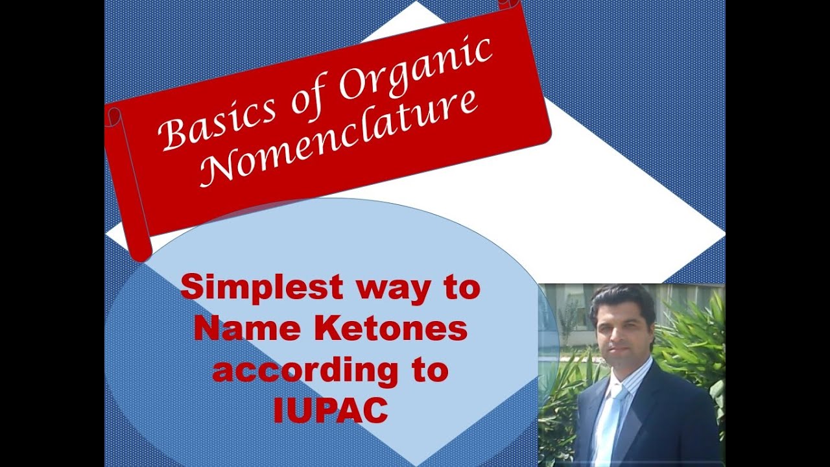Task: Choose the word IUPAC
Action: pyautogui.click(x=331, y=411)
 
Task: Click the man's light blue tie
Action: pyautogui.click(x=610, y=422)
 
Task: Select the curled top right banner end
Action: pyautogui.click(x=508, y=5)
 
